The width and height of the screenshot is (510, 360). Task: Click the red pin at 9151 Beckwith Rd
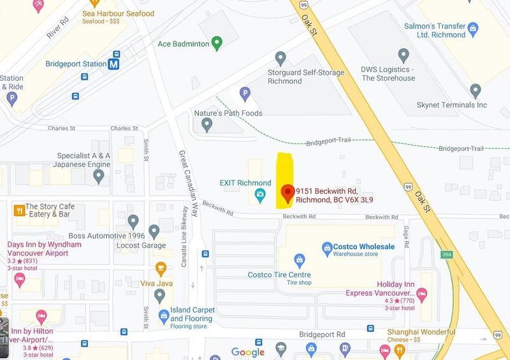pyautogui.click(x=288, y=192)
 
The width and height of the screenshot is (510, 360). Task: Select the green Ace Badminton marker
pyautogui.click(x=217, y=43)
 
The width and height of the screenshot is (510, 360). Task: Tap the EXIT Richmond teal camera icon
pyautogui.click(x=260, y=194)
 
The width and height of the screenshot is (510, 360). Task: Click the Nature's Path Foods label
pyautogui.click(x=228, y=113)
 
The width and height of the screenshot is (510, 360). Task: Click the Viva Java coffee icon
pyautogui.click(x=161, y=268)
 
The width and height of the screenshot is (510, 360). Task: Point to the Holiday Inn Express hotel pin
pyautogui.click(x=421, y=294)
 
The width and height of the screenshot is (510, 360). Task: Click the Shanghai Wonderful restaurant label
pyautogui.click(x=421, y=332)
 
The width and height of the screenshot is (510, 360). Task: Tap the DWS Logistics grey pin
pyautogui.click(x=403, y=56)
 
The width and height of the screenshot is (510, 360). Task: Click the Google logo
pyautogui.click(x=248, y=352)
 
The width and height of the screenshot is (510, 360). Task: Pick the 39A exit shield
pyautogui.click(x=447, y=254)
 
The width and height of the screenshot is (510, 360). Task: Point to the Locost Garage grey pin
pyautogui.click(x=154, y=232)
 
